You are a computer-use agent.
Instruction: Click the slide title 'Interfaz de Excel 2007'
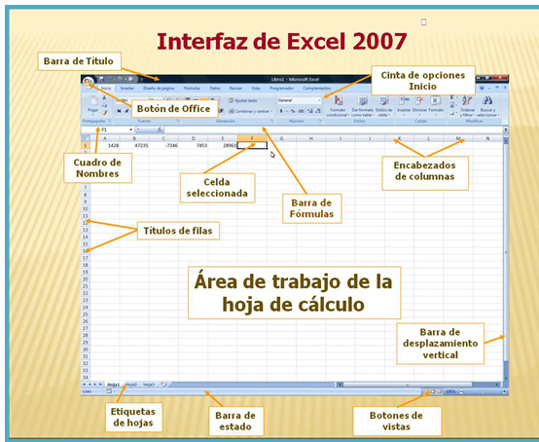pyautogui.click(x=282, y=42)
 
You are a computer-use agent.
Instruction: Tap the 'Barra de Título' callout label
pyautogui.click(x=78, y=61)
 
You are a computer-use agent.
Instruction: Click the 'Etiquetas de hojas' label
pyautogui.click(x=134, y=416)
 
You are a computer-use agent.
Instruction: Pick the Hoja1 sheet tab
pyautogui.click(x=113, y=385)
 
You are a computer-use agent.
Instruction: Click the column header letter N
pyautogui.click(x=487, y=138)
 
